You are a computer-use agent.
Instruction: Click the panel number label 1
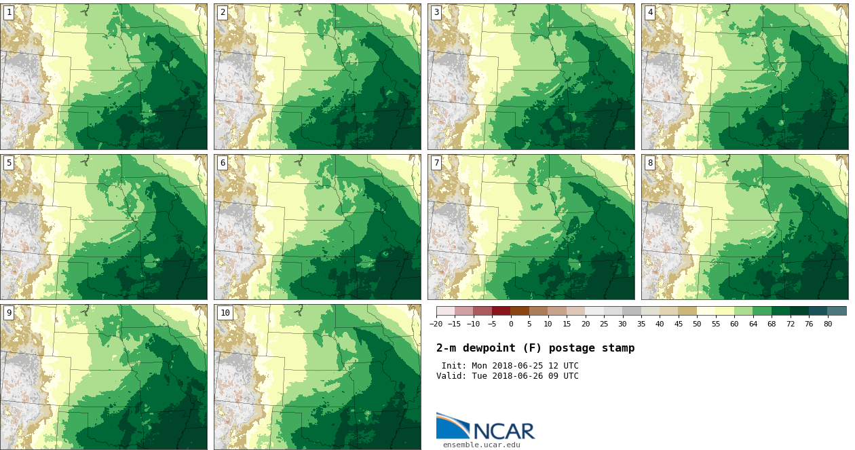(9, 12)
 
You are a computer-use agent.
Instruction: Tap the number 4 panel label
(650, 12)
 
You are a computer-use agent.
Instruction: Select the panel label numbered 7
(436, 163)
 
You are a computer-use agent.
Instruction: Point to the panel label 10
(225, 313)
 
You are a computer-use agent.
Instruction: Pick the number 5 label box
(9, 163)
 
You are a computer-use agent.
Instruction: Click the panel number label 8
(650, 163)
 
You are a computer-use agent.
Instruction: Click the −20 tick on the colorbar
(436, 324)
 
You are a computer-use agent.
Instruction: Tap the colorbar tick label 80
(827, 324)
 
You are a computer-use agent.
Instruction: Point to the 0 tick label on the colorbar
(511, 324)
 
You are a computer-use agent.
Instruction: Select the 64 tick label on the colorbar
(753, 324)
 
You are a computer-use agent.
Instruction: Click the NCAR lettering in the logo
(503, 431)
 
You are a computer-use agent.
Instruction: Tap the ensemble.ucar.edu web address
(482, 445)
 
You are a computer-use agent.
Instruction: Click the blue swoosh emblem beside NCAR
(451, 426)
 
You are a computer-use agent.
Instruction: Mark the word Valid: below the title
(451, 376)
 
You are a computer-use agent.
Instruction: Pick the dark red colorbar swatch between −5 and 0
(501, 311)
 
